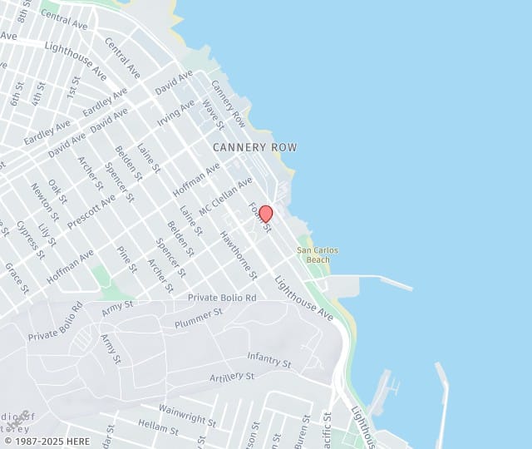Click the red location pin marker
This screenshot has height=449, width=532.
(266, 214)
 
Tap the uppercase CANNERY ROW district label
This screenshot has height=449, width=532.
(254, 147)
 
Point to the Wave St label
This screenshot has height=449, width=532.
(214, 115)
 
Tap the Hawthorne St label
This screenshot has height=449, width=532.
(239, 254)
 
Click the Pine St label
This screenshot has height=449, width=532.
(126, 259)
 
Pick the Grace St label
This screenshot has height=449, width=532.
(17, 279)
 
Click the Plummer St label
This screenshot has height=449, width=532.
(199, 317)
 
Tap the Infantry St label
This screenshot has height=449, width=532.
(268, 359)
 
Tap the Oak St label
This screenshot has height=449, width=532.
(57, 189)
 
